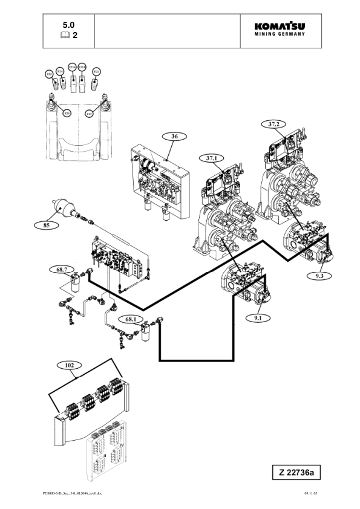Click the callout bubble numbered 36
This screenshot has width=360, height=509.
coord(174,137)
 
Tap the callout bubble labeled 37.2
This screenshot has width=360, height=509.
coord(273,124)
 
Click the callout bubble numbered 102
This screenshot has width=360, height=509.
coord(71,365)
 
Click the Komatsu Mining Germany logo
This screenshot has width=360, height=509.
coord(280,29)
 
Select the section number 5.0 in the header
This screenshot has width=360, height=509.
coord(69,25)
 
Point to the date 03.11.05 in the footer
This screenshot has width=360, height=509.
coord(310,493)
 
